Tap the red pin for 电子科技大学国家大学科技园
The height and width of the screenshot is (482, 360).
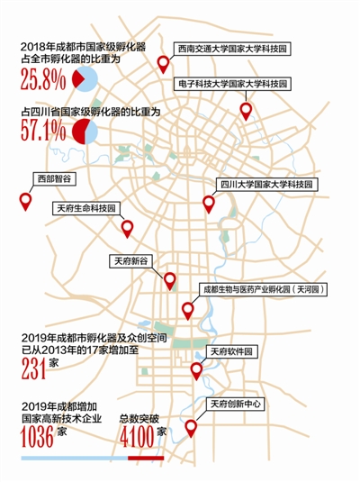247,111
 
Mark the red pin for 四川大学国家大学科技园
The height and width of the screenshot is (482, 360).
210,204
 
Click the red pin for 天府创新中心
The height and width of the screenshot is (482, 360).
191,429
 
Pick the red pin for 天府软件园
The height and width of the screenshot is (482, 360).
197,370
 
